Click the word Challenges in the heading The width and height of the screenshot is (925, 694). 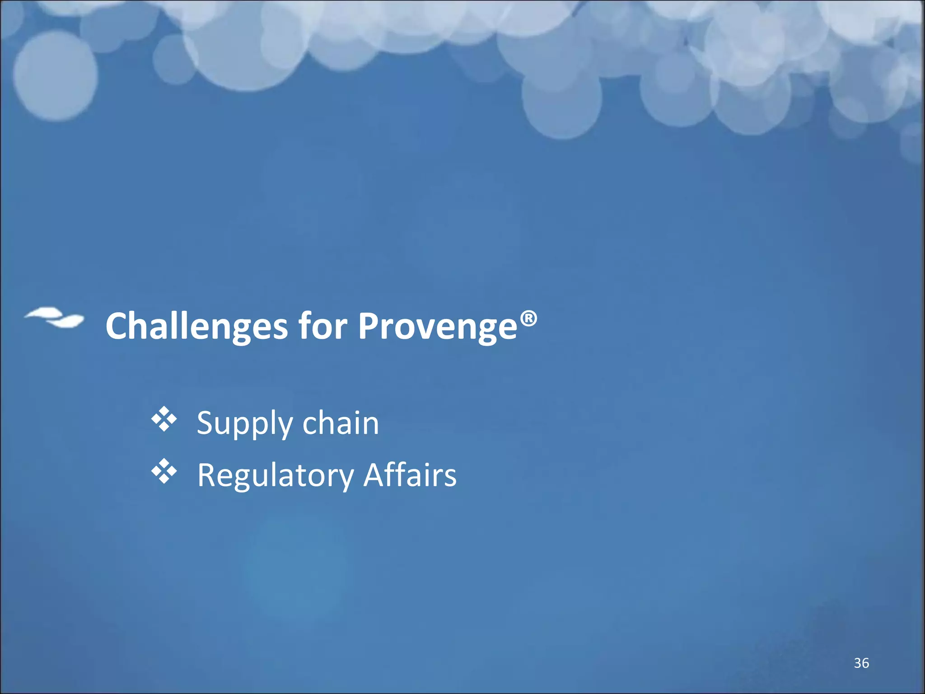coord(196,326)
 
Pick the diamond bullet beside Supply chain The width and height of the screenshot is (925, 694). coord(164,419)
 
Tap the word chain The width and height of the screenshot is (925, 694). coord(341,423)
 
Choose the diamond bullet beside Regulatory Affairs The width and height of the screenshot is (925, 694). coord(164,471)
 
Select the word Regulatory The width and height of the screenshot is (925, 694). coord(276,476)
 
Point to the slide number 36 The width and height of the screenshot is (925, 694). coord(861,663)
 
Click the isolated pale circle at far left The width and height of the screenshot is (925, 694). coord(55,75)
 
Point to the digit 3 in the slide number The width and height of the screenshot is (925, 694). coord(857,663)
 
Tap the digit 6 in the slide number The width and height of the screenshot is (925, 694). coord(865,663)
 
